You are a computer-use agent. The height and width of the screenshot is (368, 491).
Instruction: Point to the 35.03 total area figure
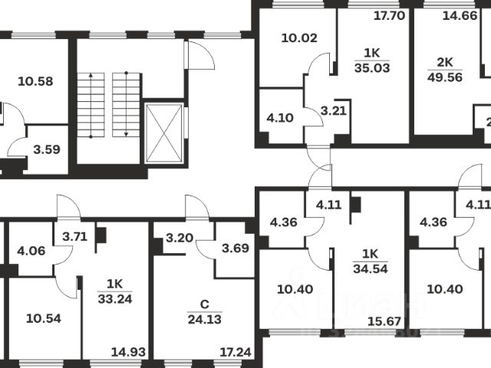371,67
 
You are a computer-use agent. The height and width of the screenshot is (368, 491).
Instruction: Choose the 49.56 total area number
446,77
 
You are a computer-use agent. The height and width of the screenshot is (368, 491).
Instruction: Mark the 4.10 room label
280,118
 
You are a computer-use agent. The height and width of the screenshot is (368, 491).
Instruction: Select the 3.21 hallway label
334,111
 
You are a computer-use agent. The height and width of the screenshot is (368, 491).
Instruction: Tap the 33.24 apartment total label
116,299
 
